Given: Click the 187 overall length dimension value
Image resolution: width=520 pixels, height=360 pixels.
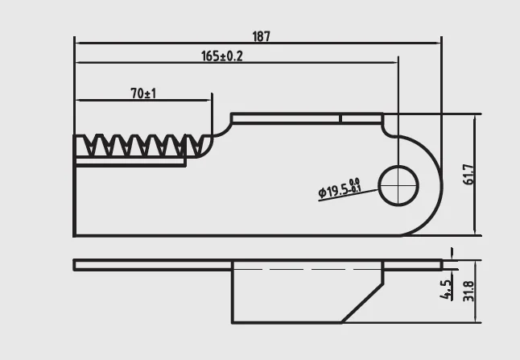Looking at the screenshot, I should click(x=261, y=36).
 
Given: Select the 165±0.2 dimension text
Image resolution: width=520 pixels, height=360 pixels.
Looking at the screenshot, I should click(x=221, y=56).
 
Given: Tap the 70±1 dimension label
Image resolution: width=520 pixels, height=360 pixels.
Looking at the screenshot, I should click(x=143, y=94).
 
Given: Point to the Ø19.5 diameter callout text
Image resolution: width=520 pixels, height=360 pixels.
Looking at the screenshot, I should click(x=333, y=190).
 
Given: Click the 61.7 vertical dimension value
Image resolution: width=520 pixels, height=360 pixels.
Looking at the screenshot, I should click(x=468, y=175).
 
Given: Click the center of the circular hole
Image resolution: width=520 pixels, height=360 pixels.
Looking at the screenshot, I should click(x=398, y=186).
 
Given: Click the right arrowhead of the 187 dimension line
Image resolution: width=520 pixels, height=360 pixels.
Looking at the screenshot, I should click(x=440, y=39).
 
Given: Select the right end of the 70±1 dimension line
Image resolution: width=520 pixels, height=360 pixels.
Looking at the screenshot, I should click(x=211, y=101).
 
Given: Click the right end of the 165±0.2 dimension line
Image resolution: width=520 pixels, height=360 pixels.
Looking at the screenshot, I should click(x=397, y=60).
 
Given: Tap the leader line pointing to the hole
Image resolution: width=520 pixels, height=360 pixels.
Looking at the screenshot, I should click(x=354, y=195).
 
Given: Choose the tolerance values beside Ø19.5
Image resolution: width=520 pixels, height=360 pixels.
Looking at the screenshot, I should click(x=355, y=185).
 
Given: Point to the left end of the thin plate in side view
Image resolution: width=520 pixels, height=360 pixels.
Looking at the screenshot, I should click(x=75, y=264).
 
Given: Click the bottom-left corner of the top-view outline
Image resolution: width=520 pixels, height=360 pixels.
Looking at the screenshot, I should click(x=74, y=235).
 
